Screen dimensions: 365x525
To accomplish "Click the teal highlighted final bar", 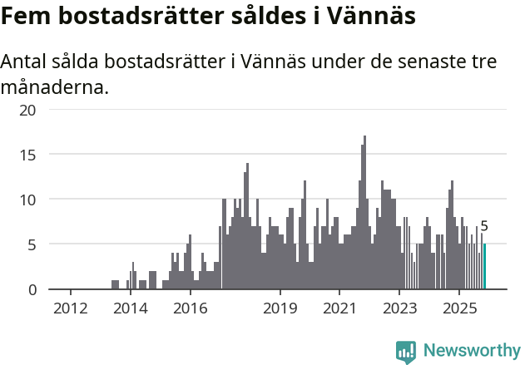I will [484, 267].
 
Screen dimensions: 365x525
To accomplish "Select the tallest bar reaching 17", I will [364, 213].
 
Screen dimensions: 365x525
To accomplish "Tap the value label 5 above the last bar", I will [484, 226].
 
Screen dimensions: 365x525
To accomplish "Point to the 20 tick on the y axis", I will [28, 110].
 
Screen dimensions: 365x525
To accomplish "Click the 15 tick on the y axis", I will [28, 155].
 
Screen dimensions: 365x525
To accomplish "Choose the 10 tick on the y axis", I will [28, 200].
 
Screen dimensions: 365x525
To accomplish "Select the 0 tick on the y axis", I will [32, 289].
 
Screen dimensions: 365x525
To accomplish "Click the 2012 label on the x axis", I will [70, 308].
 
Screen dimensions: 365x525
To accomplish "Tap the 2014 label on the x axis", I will [130, 308].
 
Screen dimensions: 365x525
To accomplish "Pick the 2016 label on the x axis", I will [190, 308].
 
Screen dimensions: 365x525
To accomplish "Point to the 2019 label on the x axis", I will [280, 308].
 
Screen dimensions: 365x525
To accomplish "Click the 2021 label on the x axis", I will [339, 308].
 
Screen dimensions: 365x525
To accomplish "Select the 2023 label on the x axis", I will [399, 308].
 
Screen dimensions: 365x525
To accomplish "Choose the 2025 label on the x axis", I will [459, 308].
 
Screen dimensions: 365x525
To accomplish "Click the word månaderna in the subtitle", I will [55, 86].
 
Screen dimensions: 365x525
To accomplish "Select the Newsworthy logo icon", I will [406, 351].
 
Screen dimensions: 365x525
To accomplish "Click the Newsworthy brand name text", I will [471, 351].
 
